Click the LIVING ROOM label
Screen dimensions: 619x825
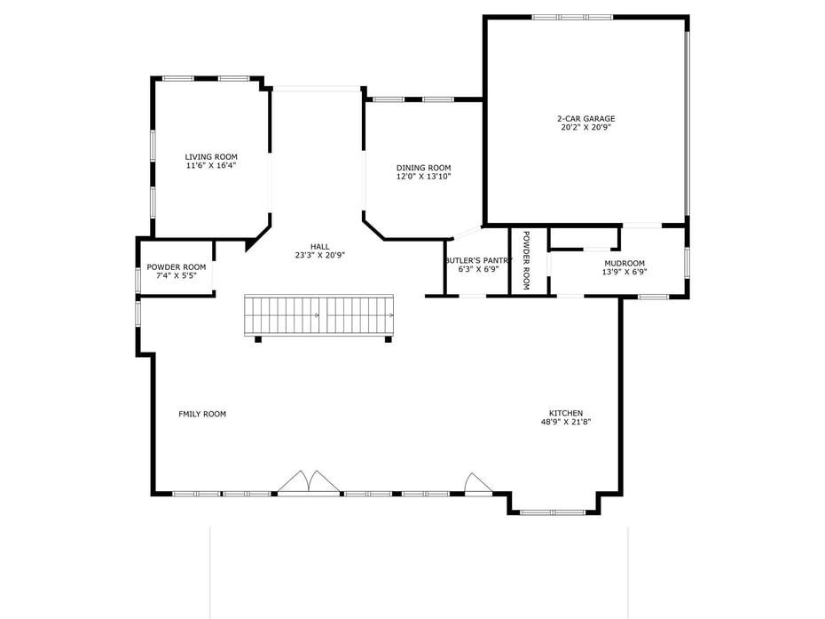[x=211, y=156]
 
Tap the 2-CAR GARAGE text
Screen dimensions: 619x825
[x=585, y=118]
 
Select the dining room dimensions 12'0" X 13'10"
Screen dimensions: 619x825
[x=423, y=177]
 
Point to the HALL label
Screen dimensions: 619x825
[x=319, y=246]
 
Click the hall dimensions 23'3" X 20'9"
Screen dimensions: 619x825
[x=319, y=255]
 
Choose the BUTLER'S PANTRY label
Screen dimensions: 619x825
[x=478, y=260]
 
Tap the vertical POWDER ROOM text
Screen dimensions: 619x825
[x=525, y=260]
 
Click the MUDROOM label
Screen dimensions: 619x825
[x=624, y=263]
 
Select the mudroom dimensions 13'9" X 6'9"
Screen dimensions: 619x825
[x=624, y=272]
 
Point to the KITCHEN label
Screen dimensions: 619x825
[x=565, y=413]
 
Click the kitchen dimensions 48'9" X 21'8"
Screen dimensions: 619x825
[x=565, y=422]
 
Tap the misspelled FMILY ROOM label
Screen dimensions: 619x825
[x=202, y=414]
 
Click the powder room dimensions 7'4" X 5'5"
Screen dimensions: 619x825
[x=176, y=275]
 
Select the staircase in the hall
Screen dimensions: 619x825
[x=318, y=315]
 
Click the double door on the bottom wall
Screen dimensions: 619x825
[x=308, y=483]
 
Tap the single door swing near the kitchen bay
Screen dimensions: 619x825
[x=477, y=483]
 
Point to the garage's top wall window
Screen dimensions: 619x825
[x=571, y=17]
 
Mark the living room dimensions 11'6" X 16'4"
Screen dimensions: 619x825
[x=211, y=165]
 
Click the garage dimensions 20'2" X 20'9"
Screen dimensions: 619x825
[x=585, y=127]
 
